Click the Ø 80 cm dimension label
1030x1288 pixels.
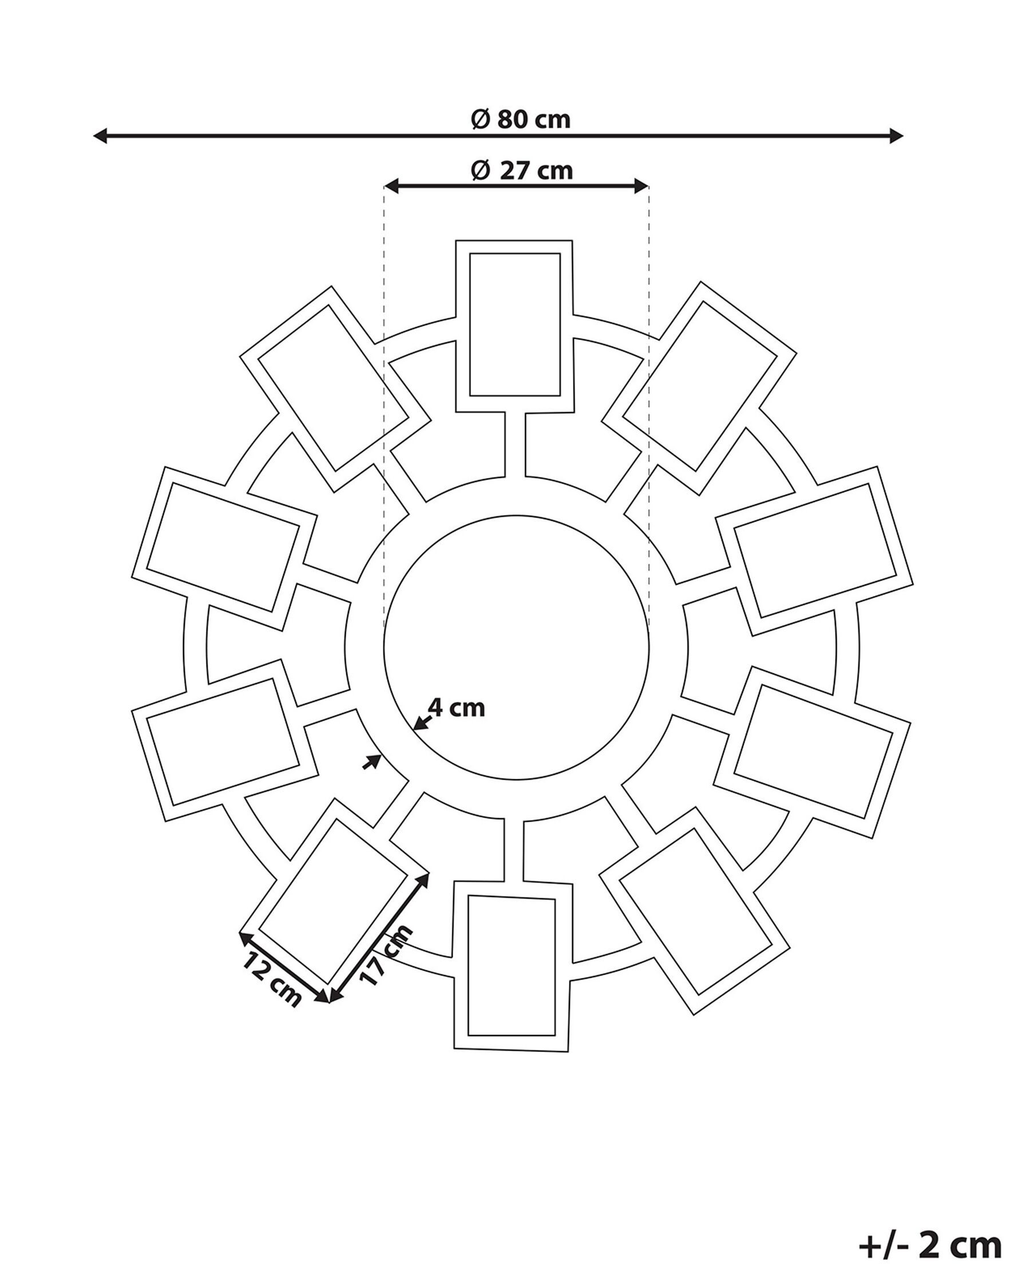(x=521, y=119)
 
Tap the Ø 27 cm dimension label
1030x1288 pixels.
(x=522, y=170)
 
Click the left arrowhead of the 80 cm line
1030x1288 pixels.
(x=100, y=136)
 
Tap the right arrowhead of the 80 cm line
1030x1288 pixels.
(x=896, y=136)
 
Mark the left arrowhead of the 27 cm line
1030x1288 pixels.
(x=391, y=187)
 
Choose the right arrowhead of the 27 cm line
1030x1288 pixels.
(x=642, y=187)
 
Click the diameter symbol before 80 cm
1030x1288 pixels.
(x=481, y=119)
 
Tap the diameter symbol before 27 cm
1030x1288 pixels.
(x=481, y=171)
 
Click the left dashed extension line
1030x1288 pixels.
(x=384, y=412)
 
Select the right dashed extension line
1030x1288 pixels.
(x=649, y=412)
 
